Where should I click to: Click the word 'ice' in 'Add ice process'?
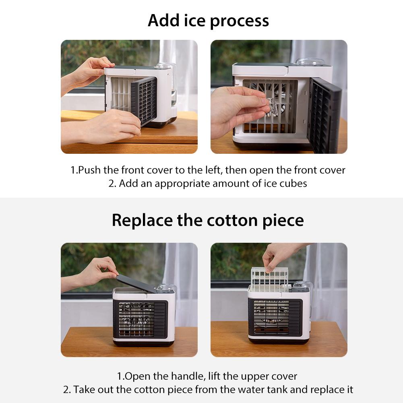coord(194,21)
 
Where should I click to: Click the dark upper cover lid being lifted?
coord(136,283)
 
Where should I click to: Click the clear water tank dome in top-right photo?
coord(310,62)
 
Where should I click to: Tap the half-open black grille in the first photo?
coord(143,101)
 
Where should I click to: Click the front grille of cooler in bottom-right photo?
coord(275,318)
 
